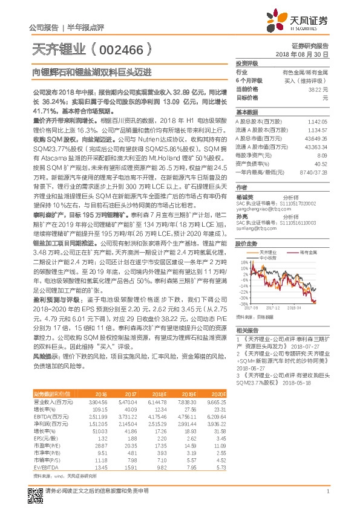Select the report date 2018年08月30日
(308, 54)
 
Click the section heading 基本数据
(247, 113)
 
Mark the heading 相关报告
(247, 331)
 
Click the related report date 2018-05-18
(296, 383)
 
